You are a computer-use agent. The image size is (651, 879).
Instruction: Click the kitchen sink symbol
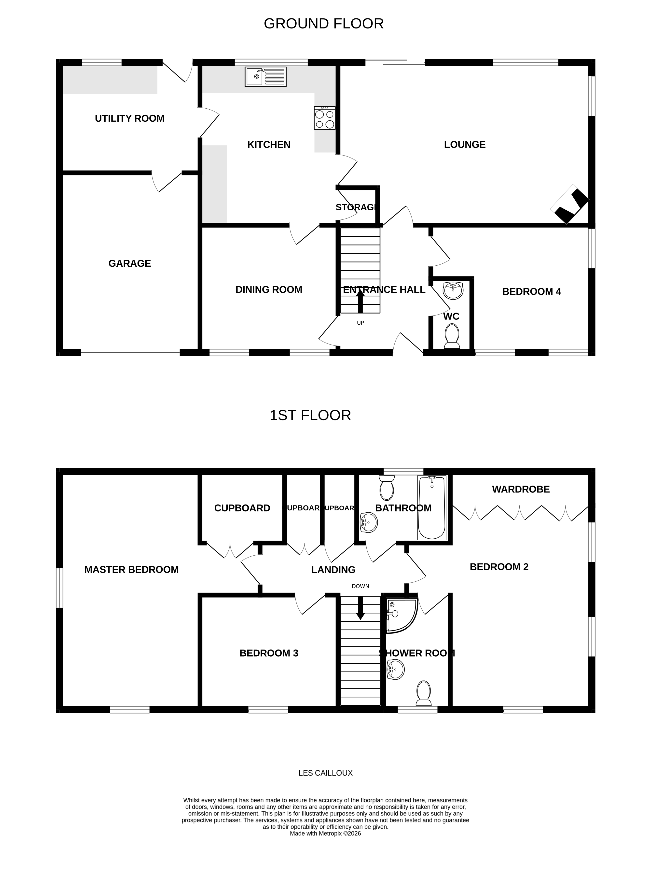[265, 76]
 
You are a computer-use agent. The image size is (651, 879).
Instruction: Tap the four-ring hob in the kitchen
[324, 118]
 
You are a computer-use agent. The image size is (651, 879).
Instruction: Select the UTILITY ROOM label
[130, 118]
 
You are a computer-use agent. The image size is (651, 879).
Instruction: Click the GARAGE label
[130, 263]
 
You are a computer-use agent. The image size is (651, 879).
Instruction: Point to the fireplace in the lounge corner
[569, 204]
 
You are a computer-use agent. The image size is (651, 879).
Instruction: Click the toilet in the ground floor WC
[452, 336]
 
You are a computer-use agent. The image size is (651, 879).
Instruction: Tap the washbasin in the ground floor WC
[453, 291]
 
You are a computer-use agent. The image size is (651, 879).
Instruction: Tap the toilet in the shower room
[424, 693]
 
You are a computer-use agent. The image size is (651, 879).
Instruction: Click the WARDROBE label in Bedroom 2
[521, 490]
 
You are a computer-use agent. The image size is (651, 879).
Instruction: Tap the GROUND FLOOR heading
[323, 24]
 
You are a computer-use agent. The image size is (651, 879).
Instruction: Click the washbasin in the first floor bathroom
[369, 523]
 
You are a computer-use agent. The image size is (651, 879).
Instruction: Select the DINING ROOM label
[269, 290]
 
